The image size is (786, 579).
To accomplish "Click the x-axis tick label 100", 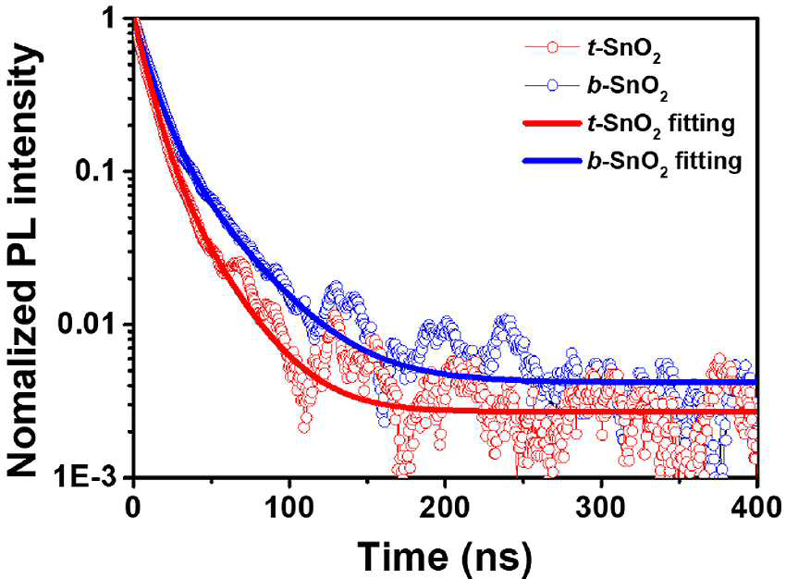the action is pyautogui.click(x=289, y=507).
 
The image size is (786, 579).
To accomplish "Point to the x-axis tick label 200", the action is pyautogui.click(x=445, y=507).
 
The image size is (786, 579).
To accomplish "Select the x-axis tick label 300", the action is pyautogui.click(x=600, y=507).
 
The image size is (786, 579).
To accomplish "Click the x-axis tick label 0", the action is pyautogui.click(x=133, y=507).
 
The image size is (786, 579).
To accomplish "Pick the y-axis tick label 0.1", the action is pyautogui.click(x=98, y=171).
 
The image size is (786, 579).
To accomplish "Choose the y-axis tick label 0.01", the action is pyautogui.click(x=90, y=324).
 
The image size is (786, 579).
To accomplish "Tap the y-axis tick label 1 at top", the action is pyautogui.click(x=114, y=19).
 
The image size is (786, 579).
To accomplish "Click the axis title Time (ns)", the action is pyautogui.click(x=444, y=556).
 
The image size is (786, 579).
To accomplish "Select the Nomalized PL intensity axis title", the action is pyautogui.click(x=23, y=261).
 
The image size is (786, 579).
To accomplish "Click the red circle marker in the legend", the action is pyautogui.click(x=552, y=46).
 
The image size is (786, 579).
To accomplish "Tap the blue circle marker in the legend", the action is pyautogui.click(x=552, y=86).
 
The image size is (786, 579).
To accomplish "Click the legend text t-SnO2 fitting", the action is pyautogui.click(x=661, y=124).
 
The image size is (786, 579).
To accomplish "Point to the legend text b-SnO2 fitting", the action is pyautogui.click(x=664, y=163).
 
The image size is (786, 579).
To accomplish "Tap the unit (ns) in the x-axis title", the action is pyautogui.click(x=497, y=557).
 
